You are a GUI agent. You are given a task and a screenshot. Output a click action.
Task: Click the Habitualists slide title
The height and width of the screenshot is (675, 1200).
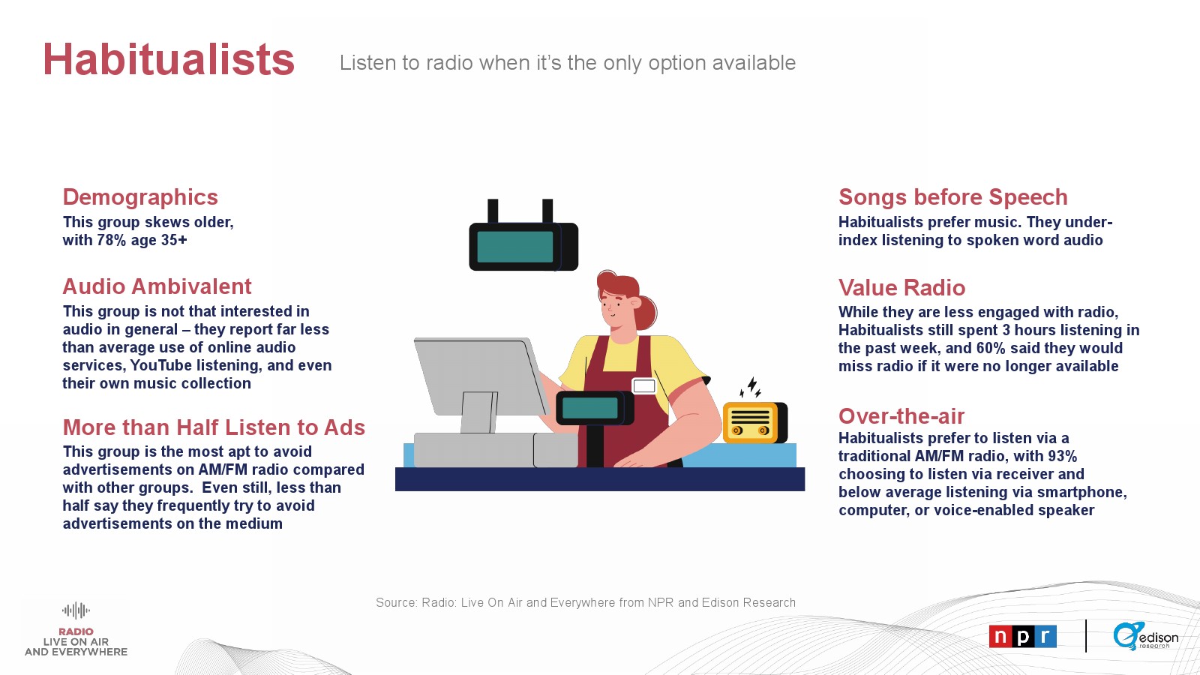[x=169, y=59]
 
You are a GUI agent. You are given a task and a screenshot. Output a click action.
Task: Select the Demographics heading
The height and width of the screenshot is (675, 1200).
[x=140, y=197]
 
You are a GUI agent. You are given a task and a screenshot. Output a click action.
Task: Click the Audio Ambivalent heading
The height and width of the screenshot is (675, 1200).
[x=157, y=286]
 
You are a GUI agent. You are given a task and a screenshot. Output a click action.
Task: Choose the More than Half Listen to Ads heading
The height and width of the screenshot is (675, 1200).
[x=214, y=427]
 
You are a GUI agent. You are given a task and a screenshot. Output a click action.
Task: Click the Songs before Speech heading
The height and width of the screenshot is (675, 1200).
[x=953, y=197]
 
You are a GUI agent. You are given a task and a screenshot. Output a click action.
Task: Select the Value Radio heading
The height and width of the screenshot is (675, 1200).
[x=901, y=288]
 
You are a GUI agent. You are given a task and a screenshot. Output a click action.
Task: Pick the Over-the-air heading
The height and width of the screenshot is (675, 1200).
[x=901, y=416]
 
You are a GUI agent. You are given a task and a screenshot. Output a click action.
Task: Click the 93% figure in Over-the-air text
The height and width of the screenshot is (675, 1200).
[x=1063, y=457]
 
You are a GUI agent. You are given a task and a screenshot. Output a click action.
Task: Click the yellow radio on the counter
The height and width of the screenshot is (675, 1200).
[x=754, y=423]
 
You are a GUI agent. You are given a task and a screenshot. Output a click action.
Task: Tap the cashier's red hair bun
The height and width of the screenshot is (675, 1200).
[x=647, y=312]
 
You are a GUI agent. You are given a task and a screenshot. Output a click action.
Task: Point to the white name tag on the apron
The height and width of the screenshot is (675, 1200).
[x=644, y=385]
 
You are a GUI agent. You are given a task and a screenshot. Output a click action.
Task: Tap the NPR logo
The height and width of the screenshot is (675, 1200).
[x=1023, y=637]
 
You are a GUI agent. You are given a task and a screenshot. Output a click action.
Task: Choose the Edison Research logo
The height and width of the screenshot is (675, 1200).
[x=1145, y=637]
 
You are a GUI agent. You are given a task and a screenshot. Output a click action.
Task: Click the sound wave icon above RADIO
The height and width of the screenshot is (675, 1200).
[x=76, y=610]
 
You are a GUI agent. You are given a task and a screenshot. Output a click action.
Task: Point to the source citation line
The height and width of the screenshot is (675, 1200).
[x=586, y=603]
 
